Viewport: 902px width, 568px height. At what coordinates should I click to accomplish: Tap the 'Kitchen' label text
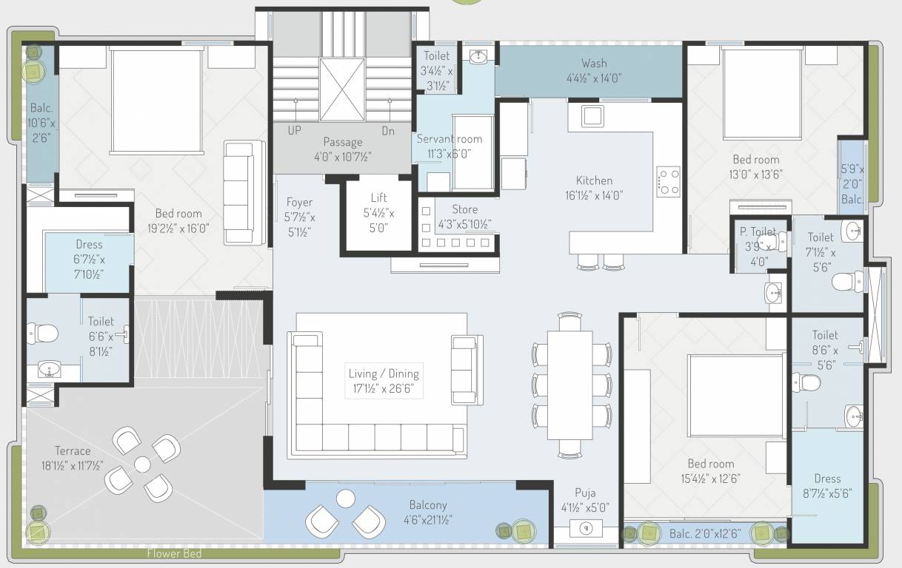(595, 180)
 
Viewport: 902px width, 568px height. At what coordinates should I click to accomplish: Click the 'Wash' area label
(594, 63)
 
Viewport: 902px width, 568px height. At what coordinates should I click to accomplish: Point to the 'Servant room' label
(449, 139)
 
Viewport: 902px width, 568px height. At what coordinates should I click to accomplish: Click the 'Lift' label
(378, 198)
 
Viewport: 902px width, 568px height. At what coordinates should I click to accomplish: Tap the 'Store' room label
(465, 209)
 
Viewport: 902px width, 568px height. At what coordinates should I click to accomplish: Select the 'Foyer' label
(299, 202)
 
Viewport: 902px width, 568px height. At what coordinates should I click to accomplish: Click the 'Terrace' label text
(73, 450)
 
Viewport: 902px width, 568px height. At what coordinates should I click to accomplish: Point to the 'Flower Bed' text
(174, 553)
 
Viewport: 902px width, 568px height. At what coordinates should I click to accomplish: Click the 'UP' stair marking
(294, 129)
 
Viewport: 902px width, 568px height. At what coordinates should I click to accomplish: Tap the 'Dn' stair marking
(388, 129)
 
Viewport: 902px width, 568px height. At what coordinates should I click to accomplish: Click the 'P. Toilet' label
(758, 231)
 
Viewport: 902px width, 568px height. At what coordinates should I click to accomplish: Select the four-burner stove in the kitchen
(669, 181)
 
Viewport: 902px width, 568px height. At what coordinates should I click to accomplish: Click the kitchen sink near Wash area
(592, 116)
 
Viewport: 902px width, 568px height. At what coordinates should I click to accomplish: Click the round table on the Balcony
(346, 498)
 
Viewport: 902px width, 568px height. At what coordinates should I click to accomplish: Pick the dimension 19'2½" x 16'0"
(178, 229)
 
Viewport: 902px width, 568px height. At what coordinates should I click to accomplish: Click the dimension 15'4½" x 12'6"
(710, 479)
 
